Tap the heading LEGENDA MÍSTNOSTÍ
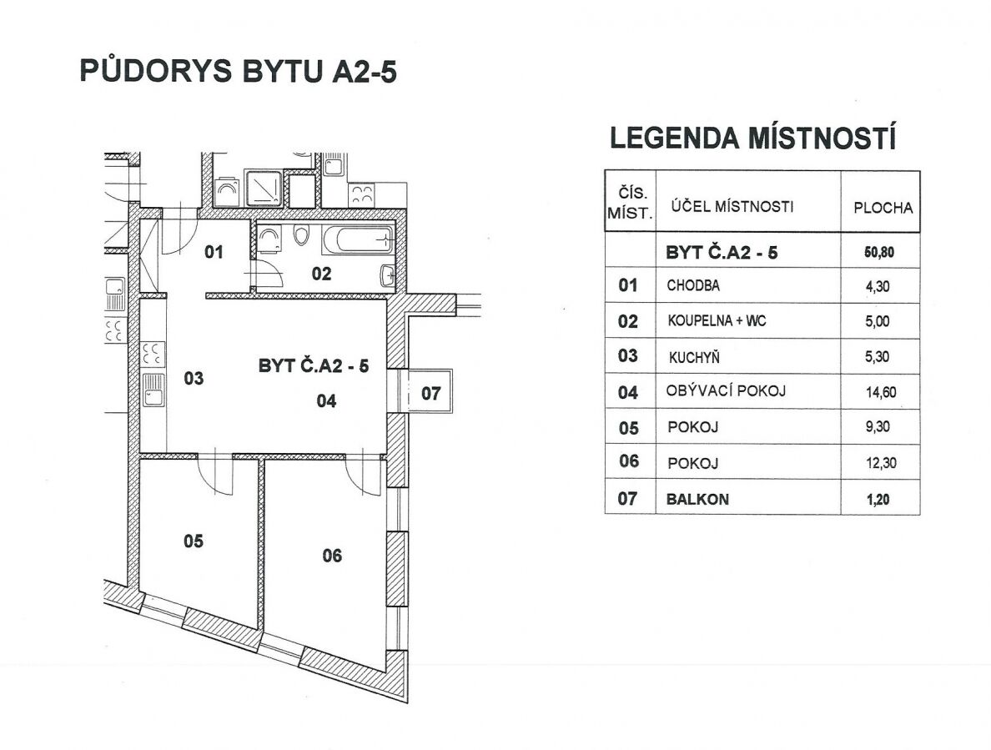[x=753, y=138]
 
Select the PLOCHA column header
[x=883, y=208]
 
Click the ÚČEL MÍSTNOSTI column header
[x=727, y=206]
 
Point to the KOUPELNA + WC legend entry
[x=717, y=321]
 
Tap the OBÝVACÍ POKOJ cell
[x=726, y=390]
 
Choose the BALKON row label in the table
[x=697, y=499]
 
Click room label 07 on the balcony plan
[x=430, y=394]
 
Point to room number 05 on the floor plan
[x=194, y=541]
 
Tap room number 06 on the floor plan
[x=332, y=556]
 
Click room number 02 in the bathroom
[x=322, y=273]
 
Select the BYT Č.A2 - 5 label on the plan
[x=314, y=366]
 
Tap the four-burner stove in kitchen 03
[x=153, y=354]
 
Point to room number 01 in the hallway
[x=214, y=251]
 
